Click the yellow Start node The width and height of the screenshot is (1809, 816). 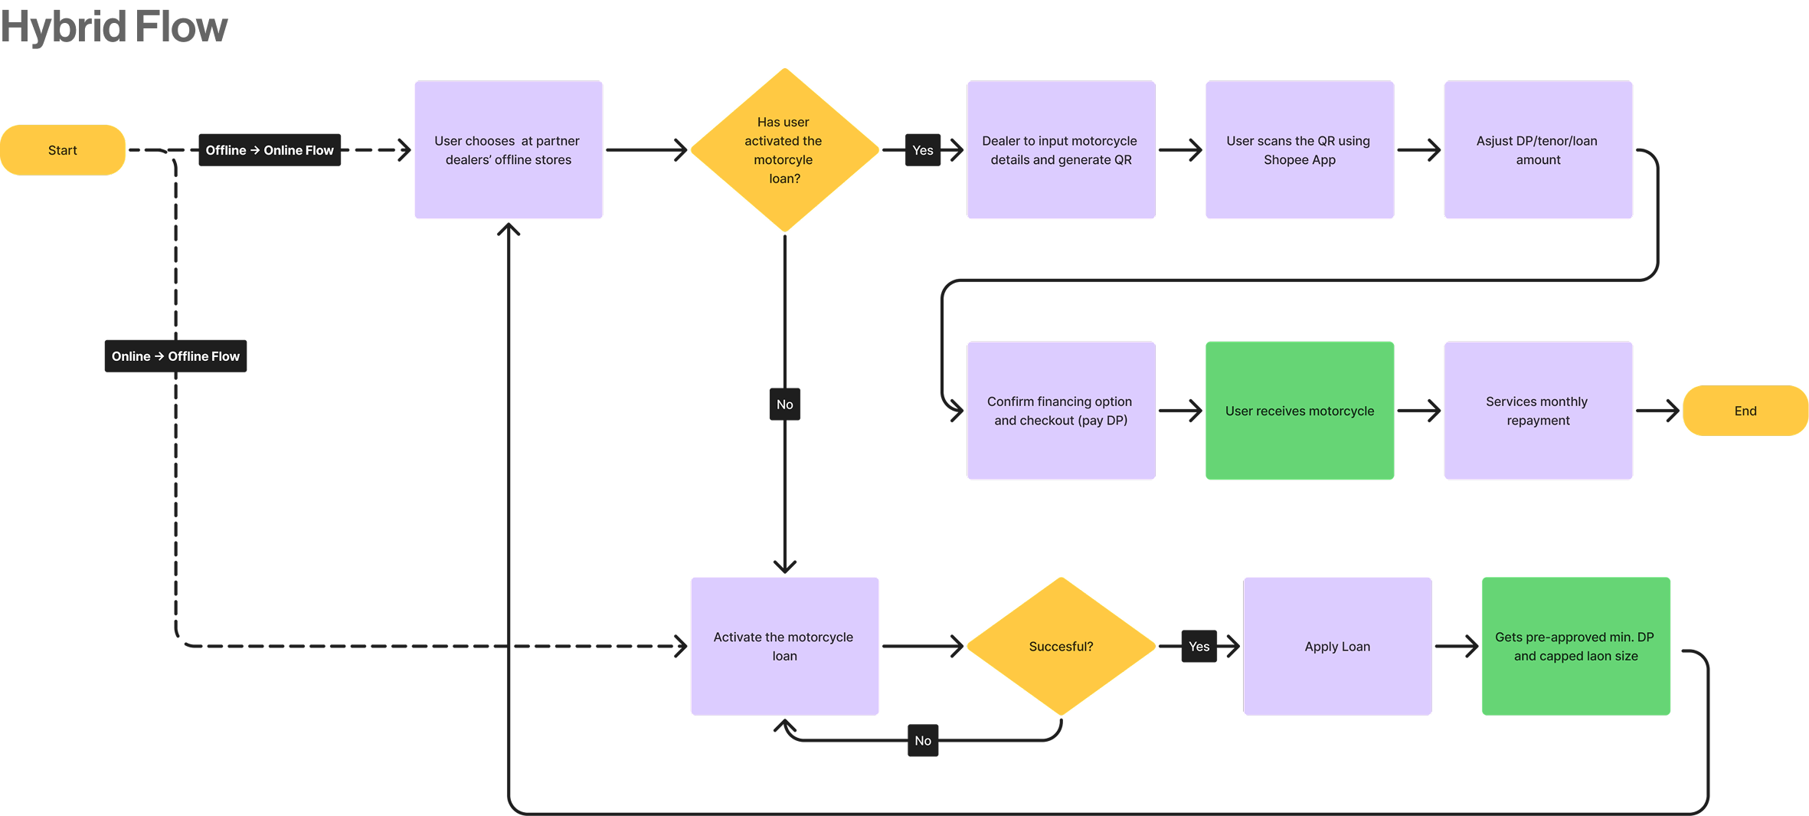(63, 150)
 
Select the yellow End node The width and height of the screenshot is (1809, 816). (1745, 411)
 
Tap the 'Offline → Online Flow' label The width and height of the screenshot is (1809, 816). (270, 150)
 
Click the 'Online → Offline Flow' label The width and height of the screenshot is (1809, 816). (175, 356)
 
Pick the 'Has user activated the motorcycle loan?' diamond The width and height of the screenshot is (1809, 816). (784, 150)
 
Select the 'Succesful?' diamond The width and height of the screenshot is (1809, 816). (1061, 647)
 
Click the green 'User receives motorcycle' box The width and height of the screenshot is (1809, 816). (1300, 411)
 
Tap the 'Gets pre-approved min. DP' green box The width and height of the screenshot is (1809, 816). (1575, 647)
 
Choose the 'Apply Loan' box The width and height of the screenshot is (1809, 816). (1337, 647)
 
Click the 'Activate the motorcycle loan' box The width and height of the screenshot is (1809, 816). (784, 647)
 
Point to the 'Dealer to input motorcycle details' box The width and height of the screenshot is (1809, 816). (1061, 150)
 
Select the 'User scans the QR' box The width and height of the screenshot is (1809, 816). (1300, 150)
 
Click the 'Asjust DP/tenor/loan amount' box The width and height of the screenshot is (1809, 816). (1538, 150)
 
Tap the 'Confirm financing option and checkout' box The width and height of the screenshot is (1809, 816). (1061, 411)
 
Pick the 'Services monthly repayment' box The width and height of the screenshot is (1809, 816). (1538, 411)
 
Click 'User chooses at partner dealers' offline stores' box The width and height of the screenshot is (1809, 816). (509, 150)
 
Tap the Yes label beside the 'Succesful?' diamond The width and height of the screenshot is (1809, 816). (1199, 647)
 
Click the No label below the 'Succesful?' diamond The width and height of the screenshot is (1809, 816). (923, 741)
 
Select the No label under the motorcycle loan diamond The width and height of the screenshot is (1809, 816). (785, 405)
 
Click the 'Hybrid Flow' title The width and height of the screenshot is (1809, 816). (114, 27)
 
